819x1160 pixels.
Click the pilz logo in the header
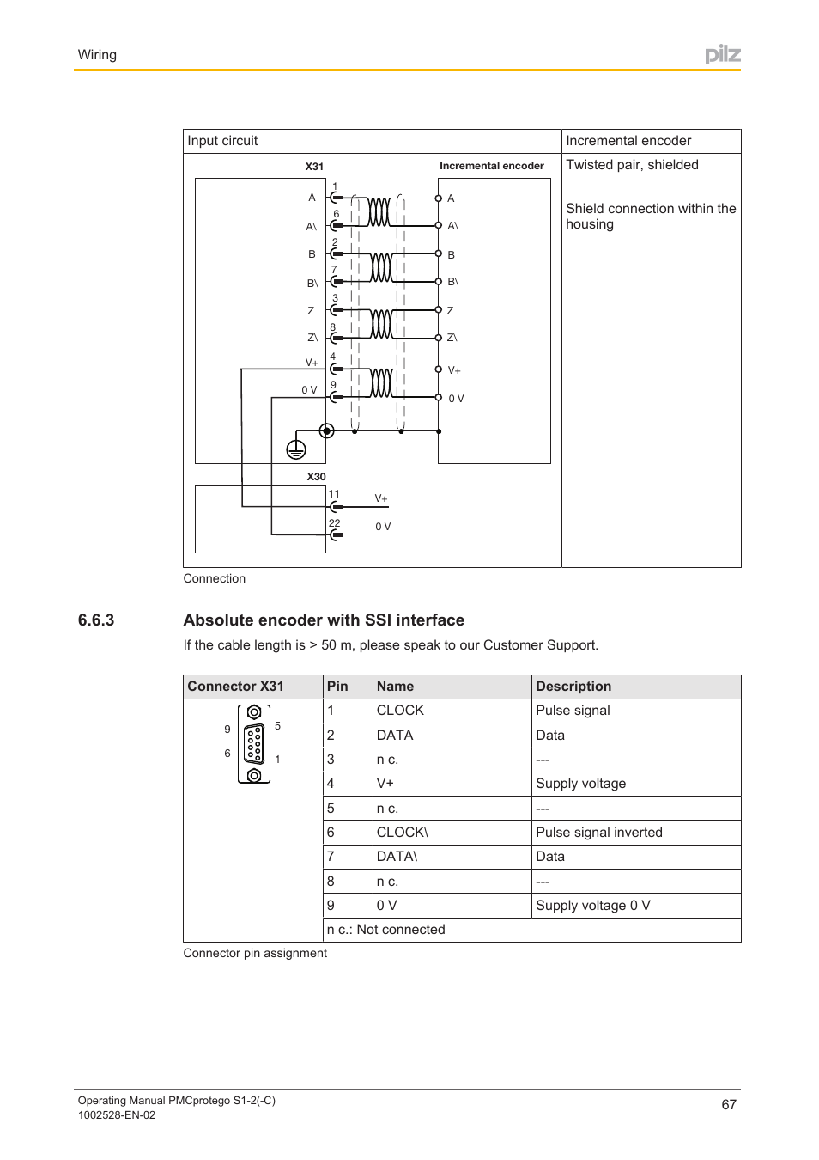(722, 55)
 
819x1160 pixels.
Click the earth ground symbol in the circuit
(295, 449)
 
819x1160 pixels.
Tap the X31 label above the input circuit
(314, 167)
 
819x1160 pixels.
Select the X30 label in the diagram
(316, 477)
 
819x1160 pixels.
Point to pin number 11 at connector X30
(334, 494)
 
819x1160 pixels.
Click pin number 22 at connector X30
(334, 523)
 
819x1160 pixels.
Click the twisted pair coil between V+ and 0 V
(380, 382)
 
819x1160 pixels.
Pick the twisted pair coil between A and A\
(379, 211)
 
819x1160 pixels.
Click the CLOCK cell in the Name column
(400, 711)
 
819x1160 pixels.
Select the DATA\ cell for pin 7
(397, 857)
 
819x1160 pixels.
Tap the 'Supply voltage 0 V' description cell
(592, 906)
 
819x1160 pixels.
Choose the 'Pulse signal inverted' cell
(598, 833)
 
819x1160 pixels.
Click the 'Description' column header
(573, 687)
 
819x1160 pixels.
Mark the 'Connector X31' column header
(235, 687)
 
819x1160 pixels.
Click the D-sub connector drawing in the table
(254, 744)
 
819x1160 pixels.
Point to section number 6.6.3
(96, 620)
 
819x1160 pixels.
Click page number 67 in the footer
(728, 1105)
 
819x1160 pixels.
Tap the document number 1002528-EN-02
(117, 1115)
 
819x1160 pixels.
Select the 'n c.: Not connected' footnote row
(386, 930)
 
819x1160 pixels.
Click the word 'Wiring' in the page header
(97, 55)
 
